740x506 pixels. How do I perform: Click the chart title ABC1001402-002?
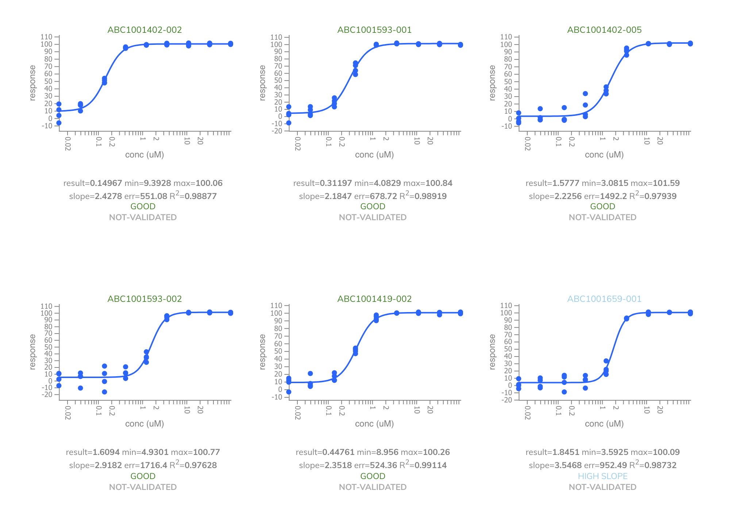pos(144,30)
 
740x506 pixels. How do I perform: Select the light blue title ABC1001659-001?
pos(604,299)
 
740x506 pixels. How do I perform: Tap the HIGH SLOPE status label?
pos(602,476)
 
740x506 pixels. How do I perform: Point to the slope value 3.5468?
pos(568,465)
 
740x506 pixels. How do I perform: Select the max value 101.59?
pos(666,183)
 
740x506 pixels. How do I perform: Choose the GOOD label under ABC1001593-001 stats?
pos(373,206)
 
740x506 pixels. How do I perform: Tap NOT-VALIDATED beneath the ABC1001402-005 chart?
pos(602,217)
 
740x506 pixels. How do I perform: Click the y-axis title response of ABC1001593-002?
pos(33,352)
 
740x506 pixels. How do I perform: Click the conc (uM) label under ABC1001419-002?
pos(374,424)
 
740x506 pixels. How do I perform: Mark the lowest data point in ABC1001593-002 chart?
pos(104,392)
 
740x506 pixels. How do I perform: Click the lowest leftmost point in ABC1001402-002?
pos(59,123)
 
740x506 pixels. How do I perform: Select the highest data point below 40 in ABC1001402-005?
pos(585,94)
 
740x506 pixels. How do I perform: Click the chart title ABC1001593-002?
pos(144,299)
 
